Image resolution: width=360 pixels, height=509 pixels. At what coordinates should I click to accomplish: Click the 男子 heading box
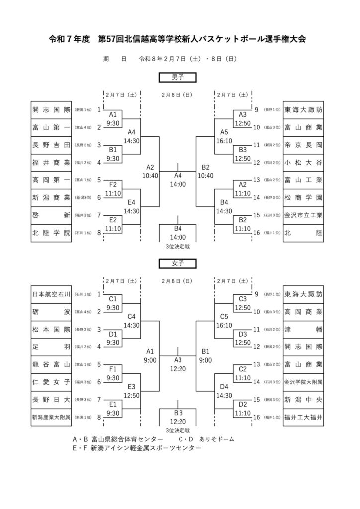pos(178,77)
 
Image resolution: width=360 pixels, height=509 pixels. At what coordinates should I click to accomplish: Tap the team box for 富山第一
pos(52,127)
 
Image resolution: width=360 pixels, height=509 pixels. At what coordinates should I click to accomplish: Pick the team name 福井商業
pos(52,162)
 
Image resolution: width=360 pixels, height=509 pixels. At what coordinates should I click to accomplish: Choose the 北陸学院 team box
pos(52,233)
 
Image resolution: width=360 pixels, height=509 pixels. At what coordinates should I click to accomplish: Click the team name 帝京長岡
pos(303,145)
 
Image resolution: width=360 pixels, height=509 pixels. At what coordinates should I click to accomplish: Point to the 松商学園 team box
pos(303,197)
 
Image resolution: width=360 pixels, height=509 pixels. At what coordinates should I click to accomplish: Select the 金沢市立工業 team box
pos(303,215)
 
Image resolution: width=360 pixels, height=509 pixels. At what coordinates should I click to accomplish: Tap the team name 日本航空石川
pos(52,294)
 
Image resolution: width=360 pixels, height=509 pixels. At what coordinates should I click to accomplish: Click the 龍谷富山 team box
pos(52,364)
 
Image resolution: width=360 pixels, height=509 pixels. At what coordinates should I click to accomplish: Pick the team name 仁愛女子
pos(52,382)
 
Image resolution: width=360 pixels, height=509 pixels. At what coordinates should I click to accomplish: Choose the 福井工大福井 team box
pos(303,417)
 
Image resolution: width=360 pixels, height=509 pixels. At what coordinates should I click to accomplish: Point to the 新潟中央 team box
pos(303,399)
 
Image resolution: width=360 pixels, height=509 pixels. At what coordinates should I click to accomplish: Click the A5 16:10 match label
pos(224,136)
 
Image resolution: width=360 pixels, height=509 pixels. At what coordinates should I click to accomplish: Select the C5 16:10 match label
pos(224,321)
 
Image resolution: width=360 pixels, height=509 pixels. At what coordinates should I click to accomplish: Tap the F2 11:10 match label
pos(113,188)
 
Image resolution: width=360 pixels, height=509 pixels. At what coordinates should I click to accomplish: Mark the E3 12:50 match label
pos(132,390)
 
